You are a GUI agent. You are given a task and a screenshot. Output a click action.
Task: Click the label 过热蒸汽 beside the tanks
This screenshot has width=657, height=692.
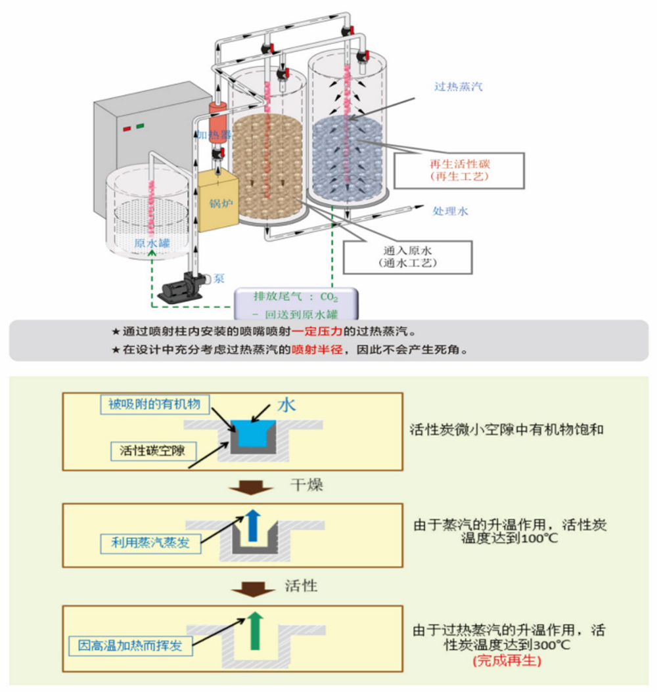coord(458,86)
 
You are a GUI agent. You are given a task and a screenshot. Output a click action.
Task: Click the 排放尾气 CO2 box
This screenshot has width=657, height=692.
coord(296,304)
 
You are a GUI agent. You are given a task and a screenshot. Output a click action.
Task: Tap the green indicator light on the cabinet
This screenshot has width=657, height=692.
coord(140,125)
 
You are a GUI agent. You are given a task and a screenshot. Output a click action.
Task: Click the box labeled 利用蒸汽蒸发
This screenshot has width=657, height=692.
coord(150,543)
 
